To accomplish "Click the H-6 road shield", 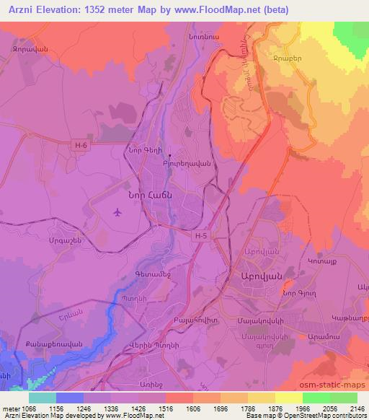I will [x=81, y=145].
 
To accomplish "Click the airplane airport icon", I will [x=117, y=212].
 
